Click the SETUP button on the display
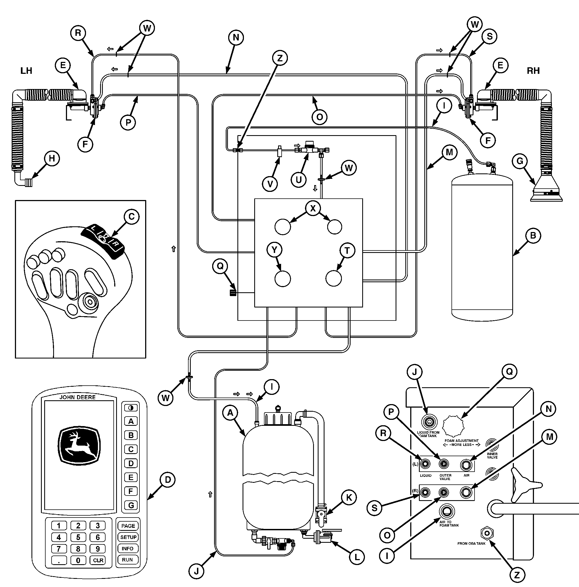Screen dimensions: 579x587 (x=128, y=537)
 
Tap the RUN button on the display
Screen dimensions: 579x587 (x=128, y=559)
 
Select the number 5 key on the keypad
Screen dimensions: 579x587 (x=78, y=537)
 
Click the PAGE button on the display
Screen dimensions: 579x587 (x=128, y=526)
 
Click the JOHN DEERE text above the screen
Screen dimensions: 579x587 (x=78, y=397)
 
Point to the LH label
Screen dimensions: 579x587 (x=26, y=71)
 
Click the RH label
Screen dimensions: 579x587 (x=533, y=71)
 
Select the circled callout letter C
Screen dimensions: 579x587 (x=132, y=217)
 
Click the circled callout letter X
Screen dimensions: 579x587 (x=313, y=208)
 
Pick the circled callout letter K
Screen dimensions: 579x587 (x=349, y=497)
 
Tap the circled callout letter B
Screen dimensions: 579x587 (x=533, y=236)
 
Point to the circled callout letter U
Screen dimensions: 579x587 (x=299, y=180)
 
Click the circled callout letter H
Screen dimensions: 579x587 (x=52, y=158)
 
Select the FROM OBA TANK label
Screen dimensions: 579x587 (x=472, y=543)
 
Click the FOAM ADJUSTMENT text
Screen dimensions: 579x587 (x=462, y=440)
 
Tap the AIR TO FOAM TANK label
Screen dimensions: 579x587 (x=449, y=523)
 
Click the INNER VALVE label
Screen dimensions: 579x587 (x=492, y=455)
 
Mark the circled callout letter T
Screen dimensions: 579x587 (x=347, y=251)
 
